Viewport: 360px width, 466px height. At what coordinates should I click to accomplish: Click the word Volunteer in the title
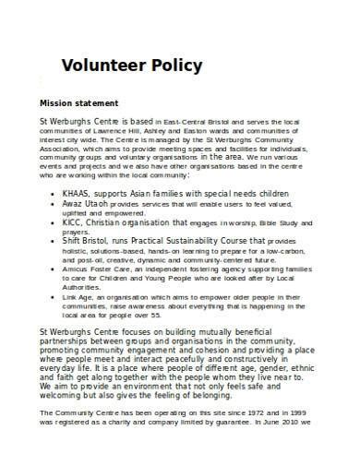point(102,66)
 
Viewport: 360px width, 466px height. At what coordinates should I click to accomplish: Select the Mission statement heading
point(78,102)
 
